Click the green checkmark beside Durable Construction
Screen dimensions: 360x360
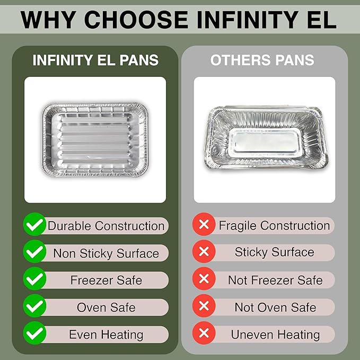click(35, 225)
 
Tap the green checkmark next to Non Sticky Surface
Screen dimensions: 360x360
click(35, 252)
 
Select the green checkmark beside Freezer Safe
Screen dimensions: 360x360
click(35, 280)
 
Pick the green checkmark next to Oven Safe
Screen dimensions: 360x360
click(35, 307)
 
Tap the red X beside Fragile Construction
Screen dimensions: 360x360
click(203, 225)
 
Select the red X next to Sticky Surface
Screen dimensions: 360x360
click(203, 252)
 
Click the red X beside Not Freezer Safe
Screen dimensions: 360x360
click(203, 279)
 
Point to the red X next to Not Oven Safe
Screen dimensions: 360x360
click(203, 307)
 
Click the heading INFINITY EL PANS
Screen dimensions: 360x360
click(95, 60)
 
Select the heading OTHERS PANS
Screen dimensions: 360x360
click(262, 60)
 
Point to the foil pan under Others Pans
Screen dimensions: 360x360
click(264, 139)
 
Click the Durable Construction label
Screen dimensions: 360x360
click(106, 225)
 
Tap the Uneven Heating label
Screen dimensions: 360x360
click(275, 335)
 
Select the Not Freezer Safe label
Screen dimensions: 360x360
click(275, 279)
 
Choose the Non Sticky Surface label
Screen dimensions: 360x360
click(106, 253)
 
